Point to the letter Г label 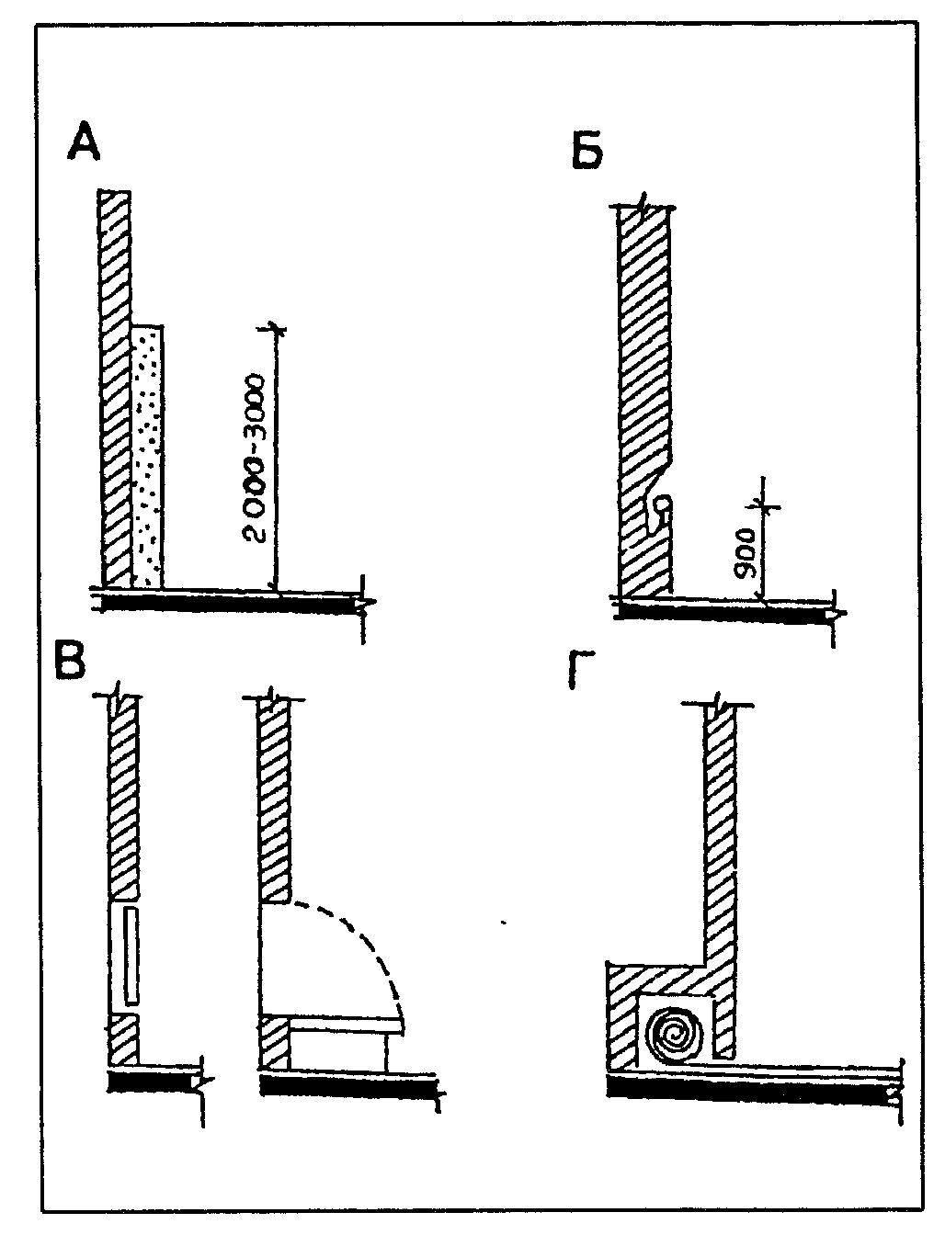point(581,670)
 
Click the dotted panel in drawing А point(148,457)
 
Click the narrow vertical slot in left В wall point(131,955)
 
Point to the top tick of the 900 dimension point(764,505)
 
